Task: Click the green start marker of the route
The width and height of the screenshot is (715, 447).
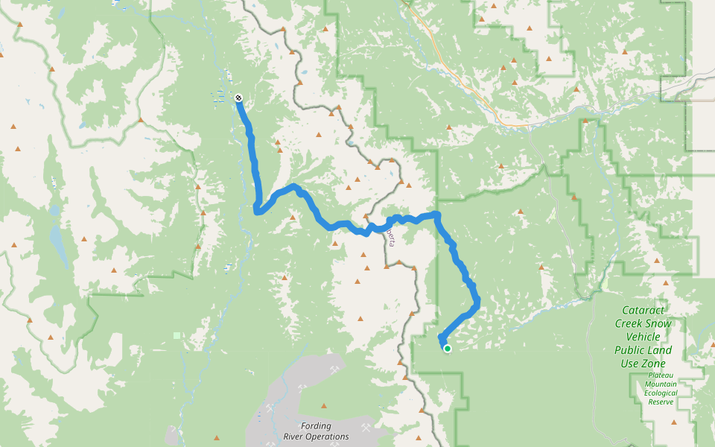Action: point(447,348)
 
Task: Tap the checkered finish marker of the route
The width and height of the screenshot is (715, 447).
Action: point(238,98)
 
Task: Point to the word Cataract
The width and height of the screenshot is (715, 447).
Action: point(644,311)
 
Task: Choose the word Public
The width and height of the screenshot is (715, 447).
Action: point(630,350)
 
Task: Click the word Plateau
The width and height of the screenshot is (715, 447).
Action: point(661,375)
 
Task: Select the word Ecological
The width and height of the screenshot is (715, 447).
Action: point(661,393)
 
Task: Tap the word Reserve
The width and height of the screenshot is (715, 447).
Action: point(661,402)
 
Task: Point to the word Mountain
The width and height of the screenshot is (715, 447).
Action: point(661,384)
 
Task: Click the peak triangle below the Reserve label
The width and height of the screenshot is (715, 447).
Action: point(673,422)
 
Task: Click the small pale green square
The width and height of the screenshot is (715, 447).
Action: point(177,335)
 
